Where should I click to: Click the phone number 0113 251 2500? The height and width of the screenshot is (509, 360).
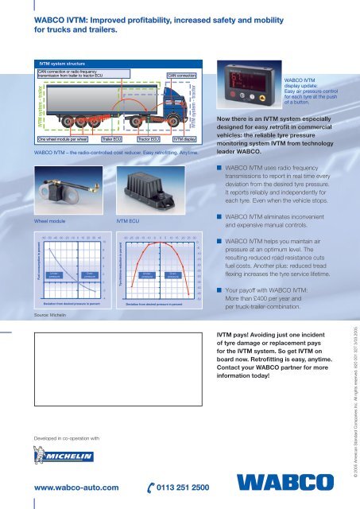click(176, 488)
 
